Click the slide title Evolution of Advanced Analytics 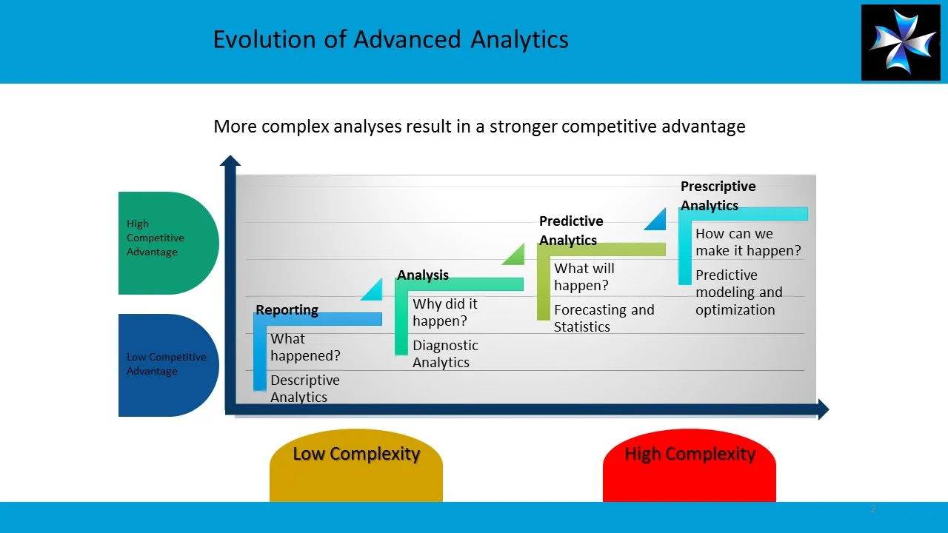pyautogui.click(x=390, y=39)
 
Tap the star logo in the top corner pyautogui.click(x=900, y=42)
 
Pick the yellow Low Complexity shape pyautogui.click(x=356, y=463)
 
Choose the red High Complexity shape pyautogui.click(x=690, y=463)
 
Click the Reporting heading pyautogui.click(x=287, y=310)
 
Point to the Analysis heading pyautogui.click(x=423, y=275)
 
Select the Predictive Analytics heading pyautogui.click(x=570, y=230)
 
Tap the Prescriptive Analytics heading pyautogui.click(x=718, y=195)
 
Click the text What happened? pyautogui.click(x=305, y=347)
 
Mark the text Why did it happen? pyautogui.click(x=444, y=312)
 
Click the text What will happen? pyautogui.click(x=584, y=277)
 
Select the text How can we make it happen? pyautogui.click(x=747, y=242)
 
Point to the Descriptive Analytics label pyautogui.click(x=304, y=389)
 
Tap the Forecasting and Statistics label pyautogui.click(x=604, y=318)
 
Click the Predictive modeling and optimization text pyautogui.click(x=738, y=292)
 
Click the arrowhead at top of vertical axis pyautogui.click(x=230, y=161)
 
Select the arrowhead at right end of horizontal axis pyautogui.click(x=823, y=409)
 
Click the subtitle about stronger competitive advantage pyautogui.click(x=479, y=127)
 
